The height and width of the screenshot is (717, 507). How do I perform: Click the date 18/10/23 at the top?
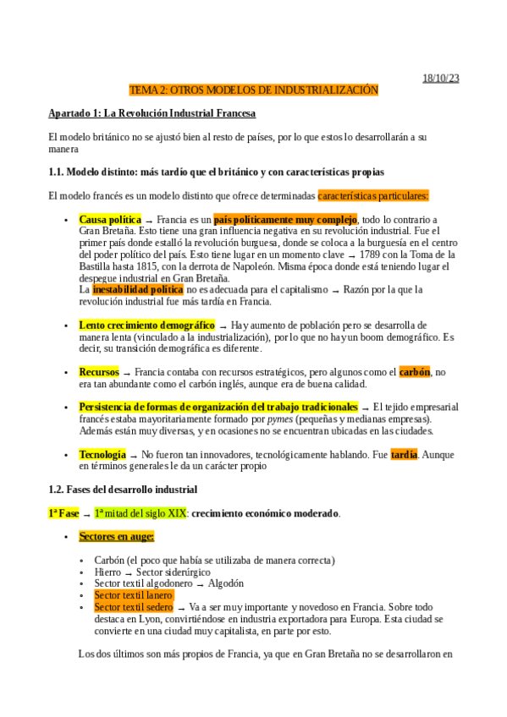click(440, 79)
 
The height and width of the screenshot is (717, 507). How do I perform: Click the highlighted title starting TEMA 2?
click(253, 90)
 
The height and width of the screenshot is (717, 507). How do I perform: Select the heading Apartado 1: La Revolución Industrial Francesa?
click(152, 112)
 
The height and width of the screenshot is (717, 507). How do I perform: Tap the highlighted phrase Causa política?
click(110, 220)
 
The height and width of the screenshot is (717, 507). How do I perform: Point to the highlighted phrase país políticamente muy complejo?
click(284, 220)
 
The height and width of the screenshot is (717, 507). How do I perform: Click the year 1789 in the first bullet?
click(376, 254)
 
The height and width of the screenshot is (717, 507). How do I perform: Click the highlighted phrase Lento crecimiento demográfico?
click(146, 325)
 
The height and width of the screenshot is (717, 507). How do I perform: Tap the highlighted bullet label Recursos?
click(99, 372)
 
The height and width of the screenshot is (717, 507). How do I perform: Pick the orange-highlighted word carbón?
click(415, 372)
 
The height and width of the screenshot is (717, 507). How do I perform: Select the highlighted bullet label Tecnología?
click(102, 455)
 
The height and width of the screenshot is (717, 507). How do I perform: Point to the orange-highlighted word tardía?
click(404, 455)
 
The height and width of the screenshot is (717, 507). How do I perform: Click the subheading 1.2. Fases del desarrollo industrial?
click(123, 490)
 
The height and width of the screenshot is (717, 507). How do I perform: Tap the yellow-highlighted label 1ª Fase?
click(63, 513)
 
